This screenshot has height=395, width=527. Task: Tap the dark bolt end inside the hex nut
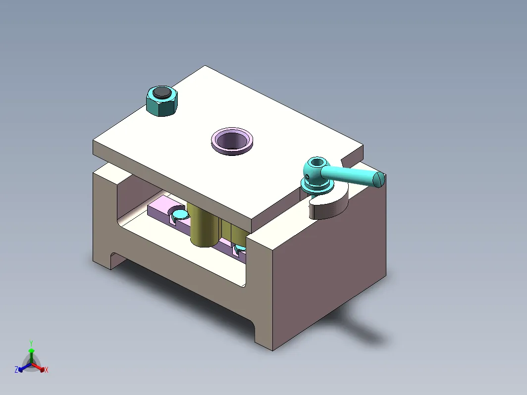[161, 93]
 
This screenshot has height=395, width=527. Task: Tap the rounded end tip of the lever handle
[380, 179]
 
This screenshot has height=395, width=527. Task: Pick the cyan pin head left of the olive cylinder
[179, 214]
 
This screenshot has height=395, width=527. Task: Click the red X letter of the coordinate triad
[46, 370]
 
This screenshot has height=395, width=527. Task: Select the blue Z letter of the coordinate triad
[16, 369]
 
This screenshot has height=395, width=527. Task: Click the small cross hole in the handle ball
[309, 177]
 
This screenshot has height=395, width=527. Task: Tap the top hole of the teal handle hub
[316, 162]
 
